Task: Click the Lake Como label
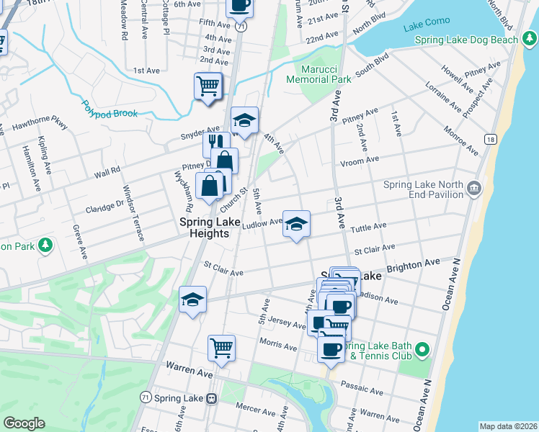point(422,27)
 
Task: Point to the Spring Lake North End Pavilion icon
point(474,189)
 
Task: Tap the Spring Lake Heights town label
point(205,228)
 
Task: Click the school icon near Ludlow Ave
point(296,224)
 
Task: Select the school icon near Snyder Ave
point(244,120)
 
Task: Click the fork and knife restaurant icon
point(215,144)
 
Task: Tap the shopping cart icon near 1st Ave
point(208,86)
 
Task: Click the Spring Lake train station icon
point(212,398)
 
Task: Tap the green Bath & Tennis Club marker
point(424,351)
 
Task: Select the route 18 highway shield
point(490,138)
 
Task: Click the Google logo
point(24,423)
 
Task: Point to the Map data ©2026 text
point(508,426)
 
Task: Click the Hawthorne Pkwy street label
point(39,125)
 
